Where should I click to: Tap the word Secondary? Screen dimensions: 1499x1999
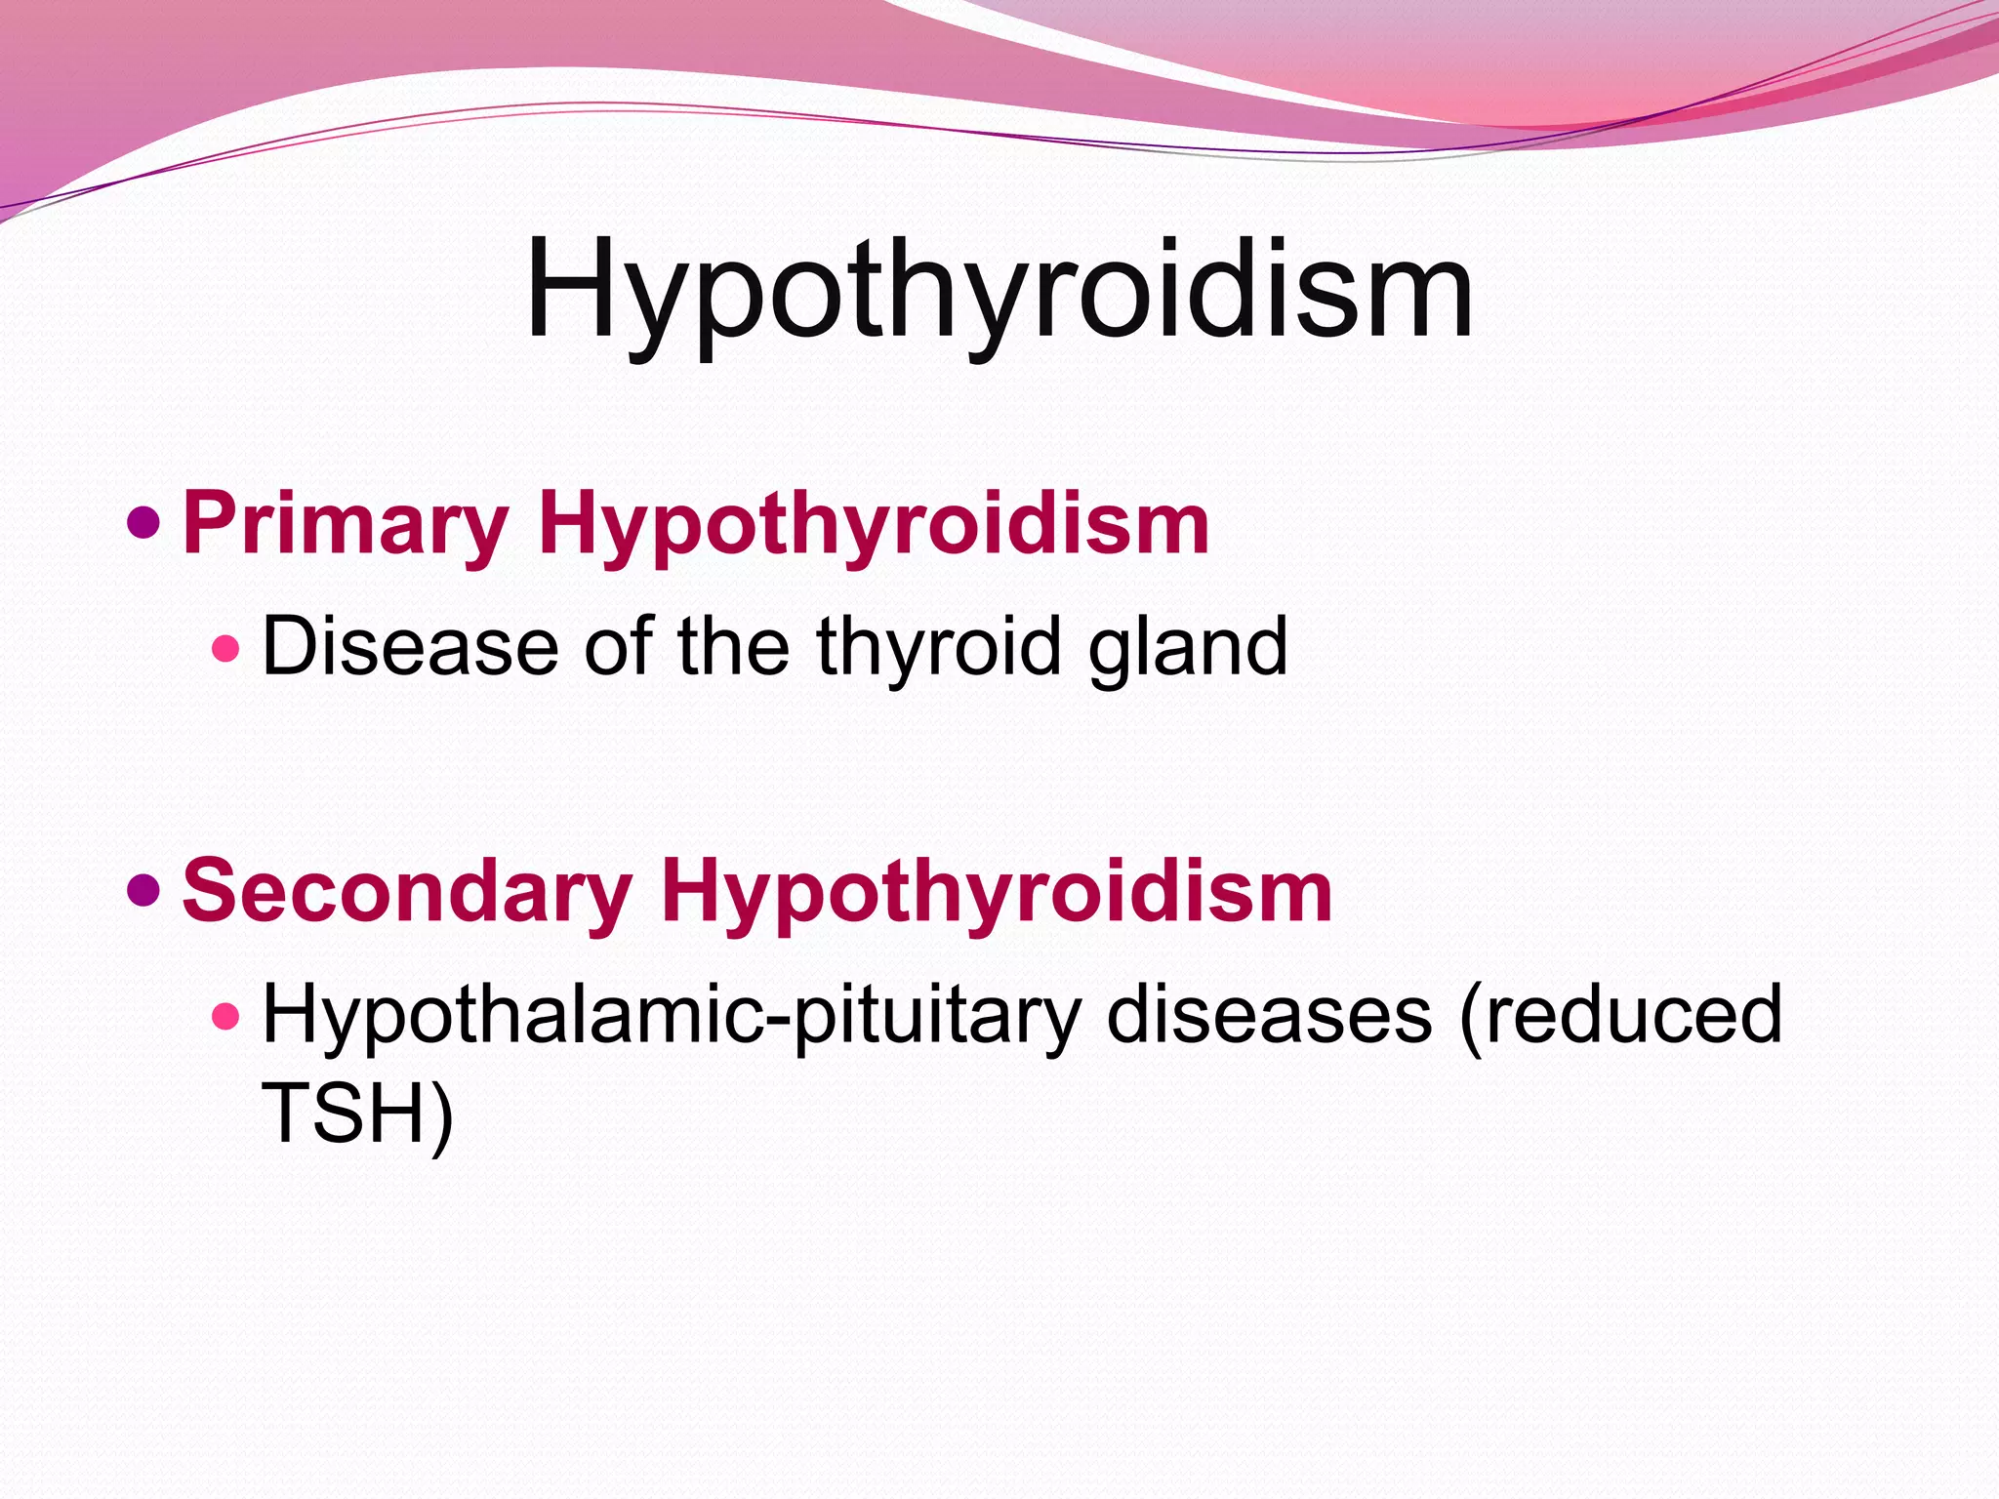coord(407,891)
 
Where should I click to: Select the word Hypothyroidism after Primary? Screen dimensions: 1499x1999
coord(874,524)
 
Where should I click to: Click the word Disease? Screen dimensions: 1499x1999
coord(410,646)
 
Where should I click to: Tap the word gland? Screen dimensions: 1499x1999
coord(1188,646)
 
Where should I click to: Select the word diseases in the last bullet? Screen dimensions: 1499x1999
coord(1269,1016)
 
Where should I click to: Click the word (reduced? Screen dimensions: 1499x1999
coord(1620,1016)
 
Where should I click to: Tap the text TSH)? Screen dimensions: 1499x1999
coord(357,1113)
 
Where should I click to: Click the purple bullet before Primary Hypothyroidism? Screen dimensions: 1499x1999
coord(143,524)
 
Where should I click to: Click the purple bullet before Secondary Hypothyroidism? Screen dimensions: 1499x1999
coord(143,891)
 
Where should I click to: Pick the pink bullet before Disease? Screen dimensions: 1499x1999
coord(225,648)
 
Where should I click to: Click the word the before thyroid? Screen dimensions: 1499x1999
coord(733,646)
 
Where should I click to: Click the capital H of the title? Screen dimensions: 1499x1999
coord(570,288)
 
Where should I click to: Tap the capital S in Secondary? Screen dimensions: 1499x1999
coord(209,891)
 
